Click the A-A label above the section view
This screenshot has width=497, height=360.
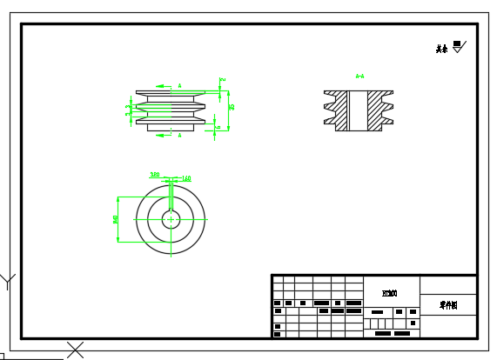pos(359,77)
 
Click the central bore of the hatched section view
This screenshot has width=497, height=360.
pos(358,111)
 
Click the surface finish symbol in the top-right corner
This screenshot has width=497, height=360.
pos(459,46)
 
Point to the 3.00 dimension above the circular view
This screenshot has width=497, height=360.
pos(155,174)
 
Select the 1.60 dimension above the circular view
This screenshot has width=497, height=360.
pos(185,178)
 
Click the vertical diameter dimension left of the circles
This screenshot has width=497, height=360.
pos(116,219)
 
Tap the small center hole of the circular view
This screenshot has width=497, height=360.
pos(171,219)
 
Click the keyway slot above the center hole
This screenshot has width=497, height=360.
pos(171,207)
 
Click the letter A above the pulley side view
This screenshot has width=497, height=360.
pos(179,85)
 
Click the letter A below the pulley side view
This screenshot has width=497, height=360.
pos(179,136)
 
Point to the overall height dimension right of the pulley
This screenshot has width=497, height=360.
pos(232,107)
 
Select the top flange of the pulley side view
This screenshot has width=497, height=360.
pos(171,92)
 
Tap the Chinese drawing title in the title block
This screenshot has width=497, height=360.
pos(448,305)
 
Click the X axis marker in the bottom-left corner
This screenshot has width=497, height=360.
pos(76,350)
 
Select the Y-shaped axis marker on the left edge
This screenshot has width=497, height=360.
pos(8,281)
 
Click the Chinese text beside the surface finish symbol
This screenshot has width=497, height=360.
pos(442,49)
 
